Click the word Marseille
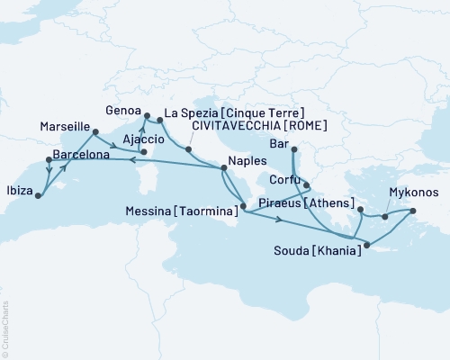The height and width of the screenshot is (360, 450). tap(64, 126)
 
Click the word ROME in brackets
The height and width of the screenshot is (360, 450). tap(305, 128)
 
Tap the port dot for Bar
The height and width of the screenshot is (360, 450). tap(294, 148)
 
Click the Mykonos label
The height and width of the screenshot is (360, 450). tap(413, 192)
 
